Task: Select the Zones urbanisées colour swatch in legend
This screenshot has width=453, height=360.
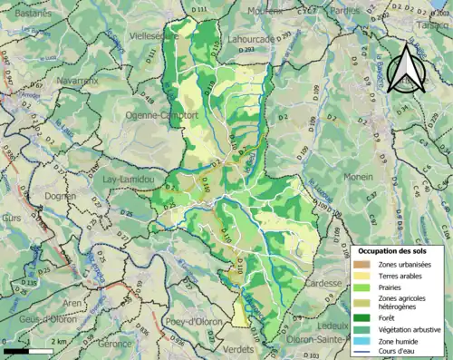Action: point(364,264)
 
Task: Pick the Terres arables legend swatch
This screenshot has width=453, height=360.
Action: point(364,276)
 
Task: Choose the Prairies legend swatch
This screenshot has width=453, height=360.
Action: point(364,287)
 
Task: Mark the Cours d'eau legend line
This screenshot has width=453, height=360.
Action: point(364,352)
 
